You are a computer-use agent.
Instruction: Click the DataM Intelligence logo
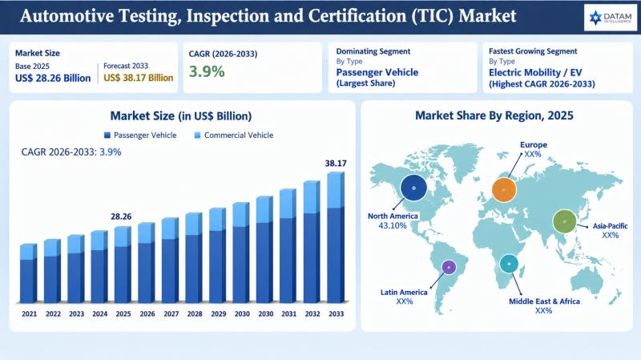coord(611,18)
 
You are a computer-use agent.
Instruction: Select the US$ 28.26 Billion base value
coord(53,78)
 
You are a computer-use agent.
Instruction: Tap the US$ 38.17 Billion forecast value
coord(138,78)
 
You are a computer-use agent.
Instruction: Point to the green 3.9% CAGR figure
coord(207,71)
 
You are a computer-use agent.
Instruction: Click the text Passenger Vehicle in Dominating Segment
coord(377,73)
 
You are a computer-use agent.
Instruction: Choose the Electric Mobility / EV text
coord(535,73)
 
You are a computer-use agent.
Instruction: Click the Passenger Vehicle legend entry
coord(140,136)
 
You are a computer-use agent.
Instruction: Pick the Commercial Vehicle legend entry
coord(233,136)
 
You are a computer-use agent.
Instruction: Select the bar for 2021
coord(29,273)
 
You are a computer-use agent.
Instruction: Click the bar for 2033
coord(336,237)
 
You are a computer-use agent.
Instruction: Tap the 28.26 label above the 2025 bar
coord(121,216)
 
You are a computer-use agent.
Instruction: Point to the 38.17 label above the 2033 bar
coord(336,164)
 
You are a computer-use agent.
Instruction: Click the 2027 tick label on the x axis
coord(171,313)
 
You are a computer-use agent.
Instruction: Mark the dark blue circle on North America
coord(413,188)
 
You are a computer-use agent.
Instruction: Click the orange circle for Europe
coord(504,190)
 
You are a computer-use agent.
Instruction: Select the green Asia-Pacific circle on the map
coord(565,221)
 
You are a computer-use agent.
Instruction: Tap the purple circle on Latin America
coord(449,268)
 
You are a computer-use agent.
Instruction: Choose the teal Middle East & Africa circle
coord(509,264)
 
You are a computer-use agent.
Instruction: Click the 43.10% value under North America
coord(393,225)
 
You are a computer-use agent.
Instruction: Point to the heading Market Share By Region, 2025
coord(494,115)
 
